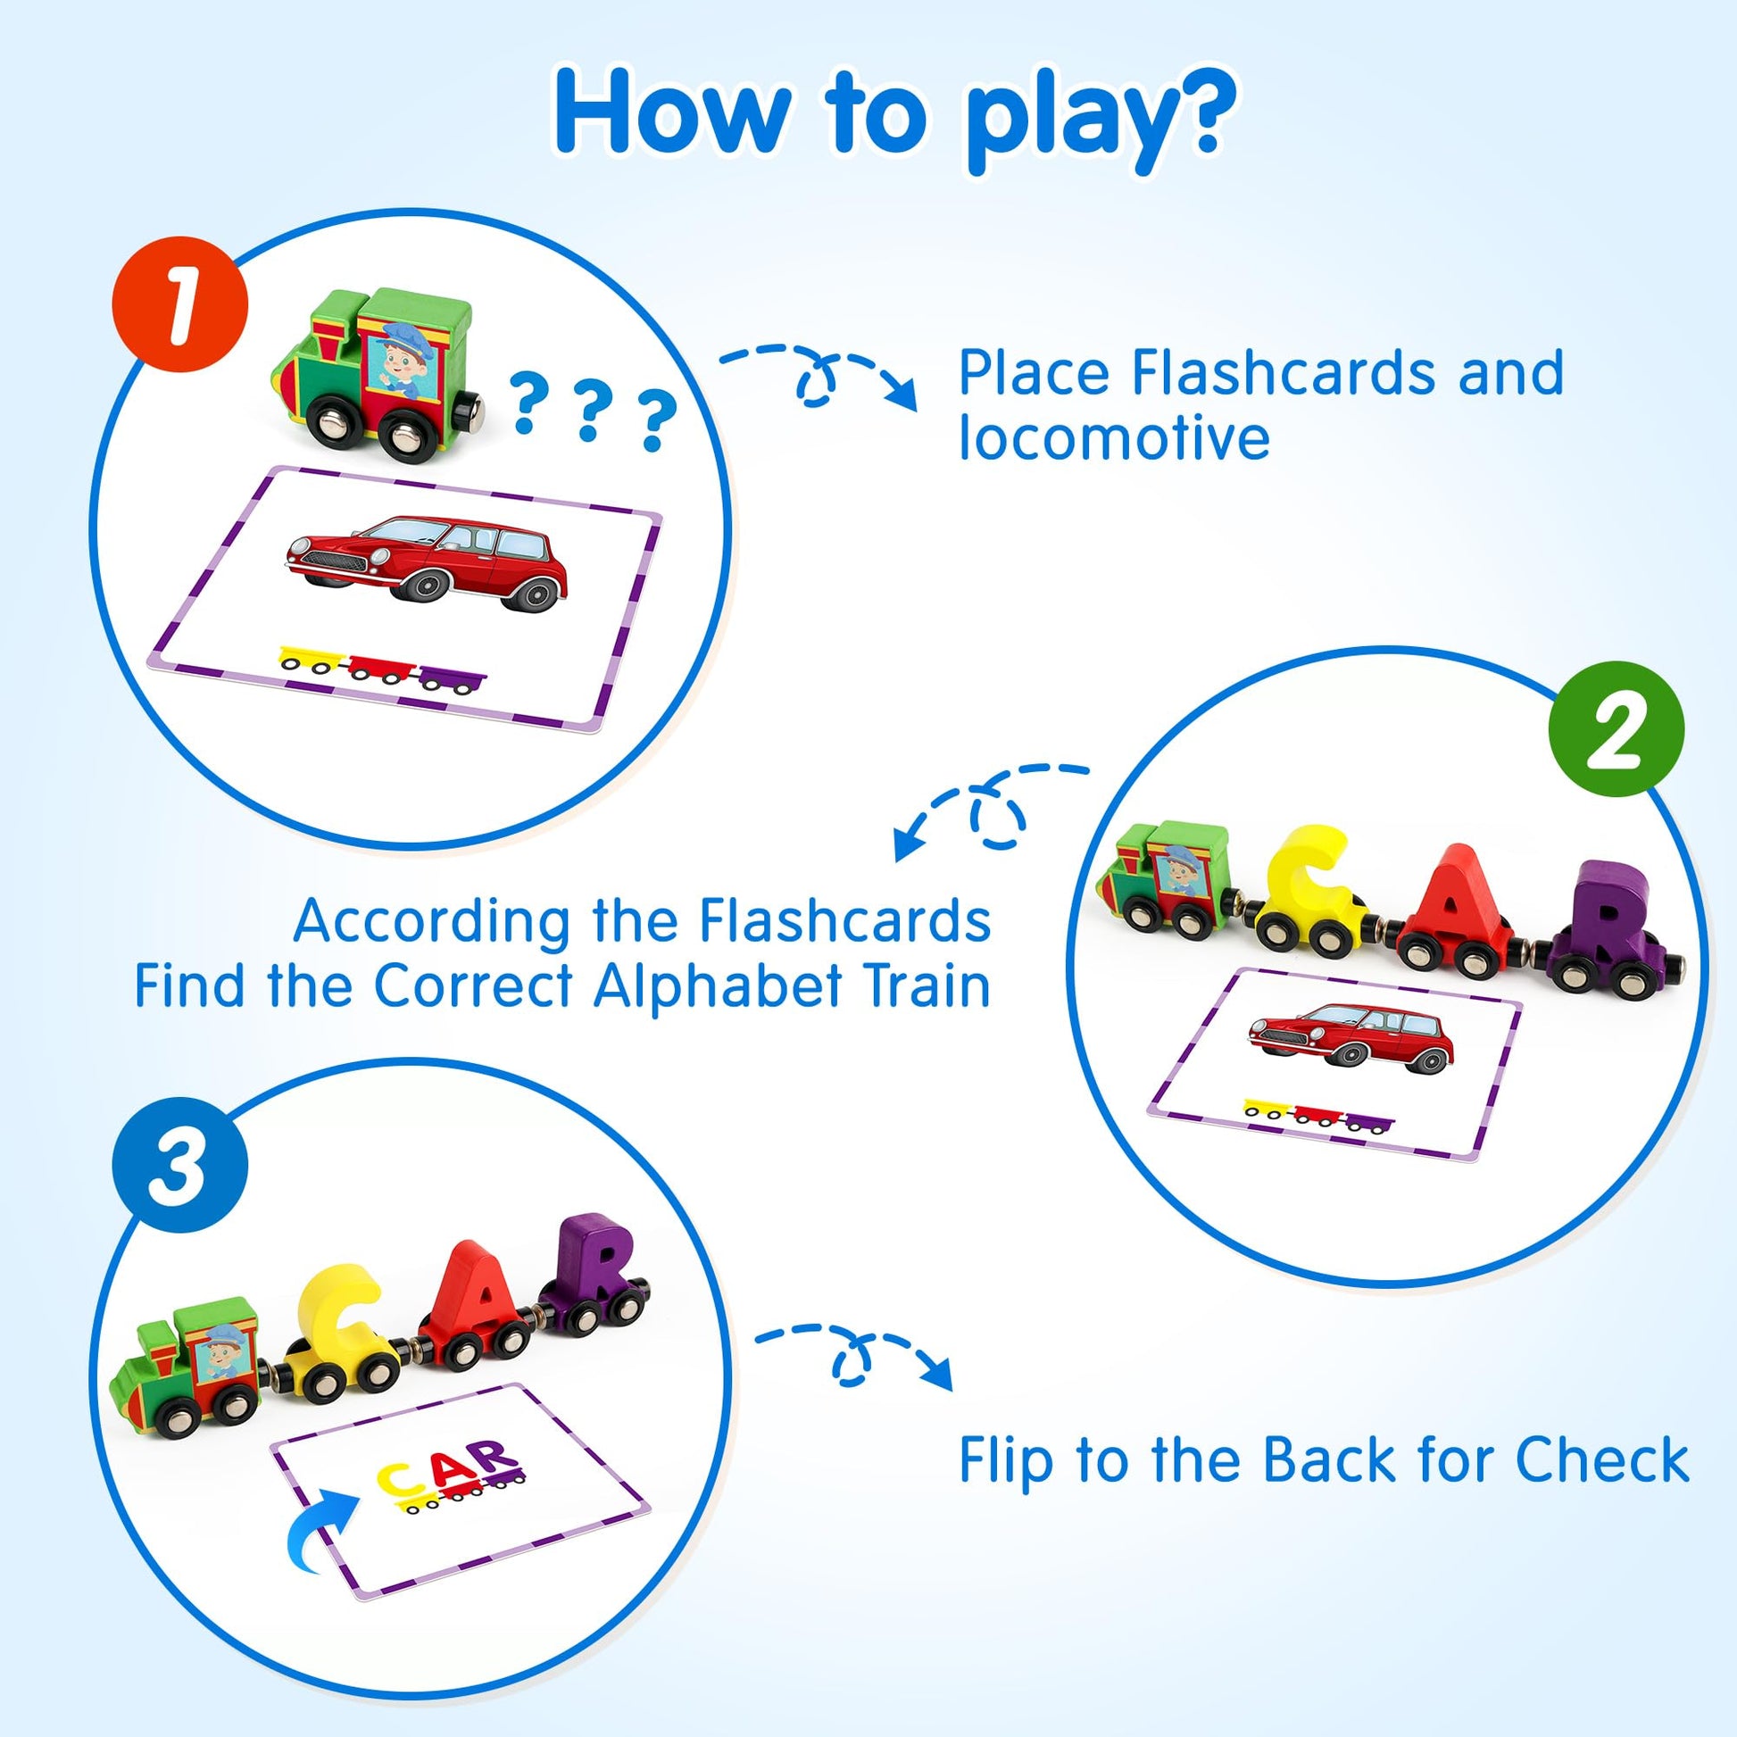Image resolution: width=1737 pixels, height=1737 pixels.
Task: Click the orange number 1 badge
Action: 179,304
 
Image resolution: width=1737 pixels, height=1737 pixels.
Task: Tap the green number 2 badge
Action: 1616,729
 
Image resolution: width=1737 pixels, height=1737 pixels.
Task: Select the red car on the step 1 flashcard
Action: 426,560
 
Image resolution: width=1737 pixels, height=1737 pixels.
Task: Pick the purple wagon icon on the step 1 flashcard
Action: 454,680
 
